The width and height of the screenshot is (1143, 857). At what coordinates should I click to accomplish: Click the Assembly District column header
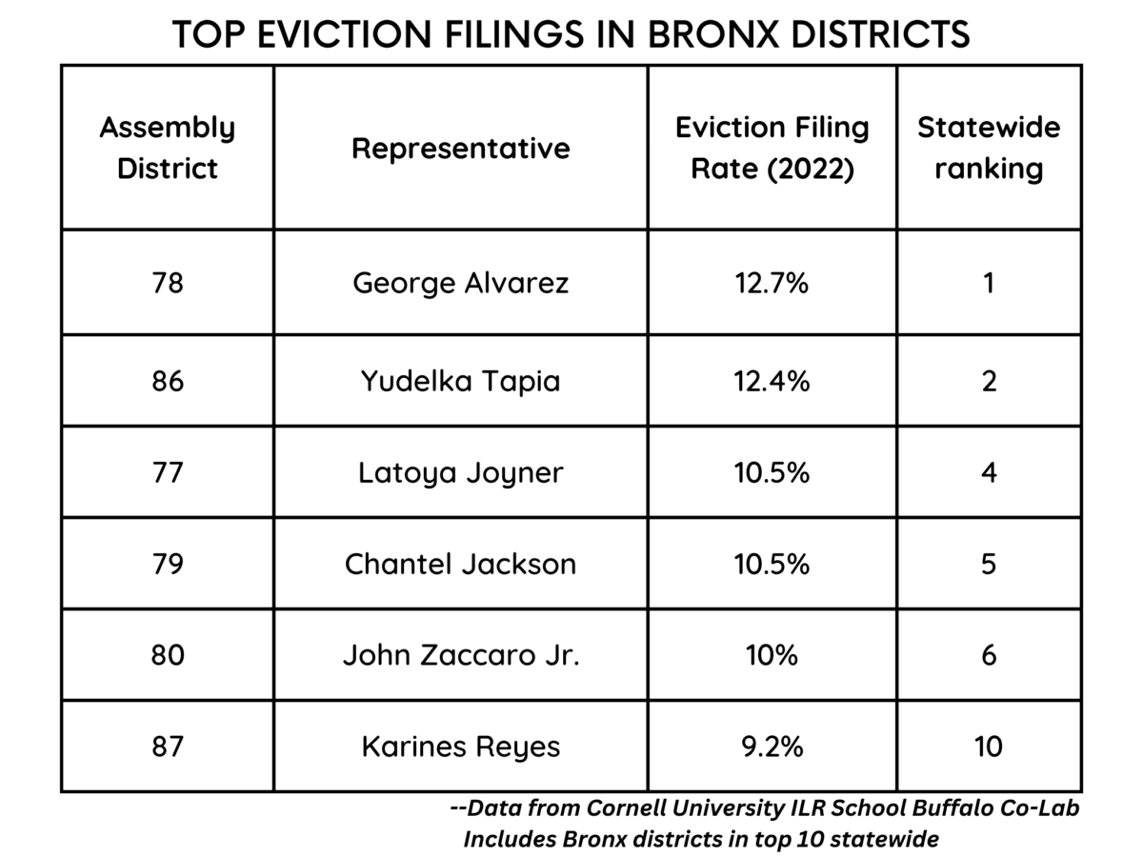(167, 148)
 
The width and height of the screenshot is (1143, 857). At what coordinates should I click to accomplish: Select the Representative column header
(460, 149)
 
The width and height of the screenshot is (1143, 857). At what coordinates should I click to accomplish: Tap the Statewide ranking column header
(989, 148)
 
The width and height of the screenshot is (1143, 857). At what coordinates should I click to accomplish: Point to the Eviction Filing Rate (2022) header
(772, 148)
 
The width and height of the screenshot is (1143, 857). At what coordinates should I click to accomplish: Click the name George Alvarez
(460, 283)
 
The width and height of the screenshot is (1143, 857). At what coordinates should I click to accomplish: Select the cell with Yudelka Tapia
(460, 381)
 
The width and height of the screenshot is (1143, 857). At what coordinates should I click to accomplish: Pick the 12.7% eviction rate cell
(772, 283)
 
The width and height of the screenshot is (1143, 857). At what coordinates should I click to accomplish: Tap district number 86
(167, 381)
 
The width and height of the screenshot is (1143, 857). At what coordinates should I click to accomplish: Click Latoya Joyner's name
(460, 472)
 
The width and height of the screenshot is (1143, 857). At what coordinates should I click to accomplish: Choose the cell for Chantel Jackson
(460, 564)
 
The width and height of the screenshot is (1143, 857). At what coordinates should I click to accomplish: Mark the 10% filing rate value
(772, 655)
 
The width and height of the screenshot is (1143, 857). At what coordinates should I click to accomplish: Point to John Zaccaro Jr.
(460, 655)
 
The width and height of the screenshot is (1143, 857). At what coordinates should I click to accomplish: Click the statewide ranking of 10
(989, 747)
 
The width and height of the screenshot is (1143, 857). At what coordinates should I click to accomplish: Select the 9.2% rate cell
(772, 747)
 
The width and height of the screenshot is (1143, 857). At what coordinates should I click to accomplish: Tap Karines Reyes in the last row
(460, 747)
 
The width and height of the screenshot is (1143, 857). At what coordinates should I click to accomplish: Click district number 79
(167, 564)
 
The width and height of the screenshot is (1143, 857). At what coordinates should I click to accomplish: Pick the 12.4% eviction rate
(772, 381)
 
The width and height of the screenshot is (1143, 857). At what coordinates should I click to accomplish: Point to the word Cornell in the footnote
(636, 808)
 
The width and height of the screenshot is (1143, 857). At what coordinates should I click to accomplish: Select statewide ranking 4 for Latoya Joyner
(989, 472)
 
